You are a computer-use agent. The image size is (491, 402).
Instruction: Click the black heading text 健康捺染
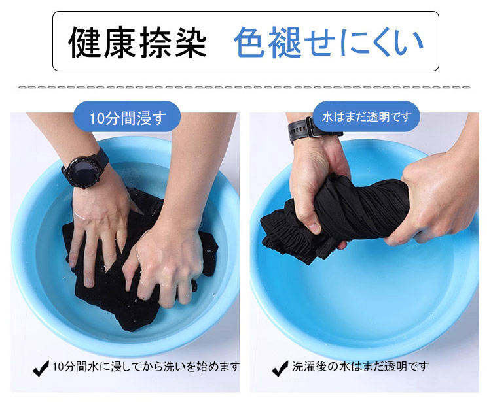pos(137,42)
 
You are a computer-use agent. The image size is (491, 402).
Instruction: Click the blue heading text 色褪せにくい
pos(329,42)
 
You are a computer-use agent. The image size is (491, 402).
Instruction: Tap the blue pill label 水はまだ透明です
pos(367,116)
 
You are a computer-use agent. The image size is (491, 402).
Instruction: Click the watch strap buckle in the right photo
pos(310,127)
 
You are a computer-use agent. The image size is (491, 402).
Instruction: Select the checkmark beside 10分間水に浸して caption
pos(41,368)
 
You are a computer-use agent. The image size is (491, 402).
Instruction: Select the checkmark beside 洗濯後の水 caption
pos(280,368)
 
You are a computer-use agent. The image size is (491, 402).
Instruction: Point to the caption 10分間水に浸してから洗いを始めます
pos(146,366)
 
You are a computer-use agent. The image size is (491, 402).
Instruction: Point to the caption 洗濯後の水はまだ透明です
pos(360,366)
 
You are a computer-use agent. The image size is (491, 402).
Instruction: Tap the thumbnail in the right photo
pos(314,227)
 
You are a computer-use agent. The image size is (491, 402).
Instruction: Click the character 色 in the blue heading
pos(250,42)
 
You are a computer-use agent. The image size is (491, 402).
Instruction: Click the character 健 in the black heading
pos(84,42)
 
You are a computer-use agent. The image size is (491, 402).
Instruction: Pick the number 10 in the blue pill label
pos(96,118)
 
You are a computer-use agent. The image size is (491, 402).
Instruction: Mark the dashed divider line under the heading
pos(244,87)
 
